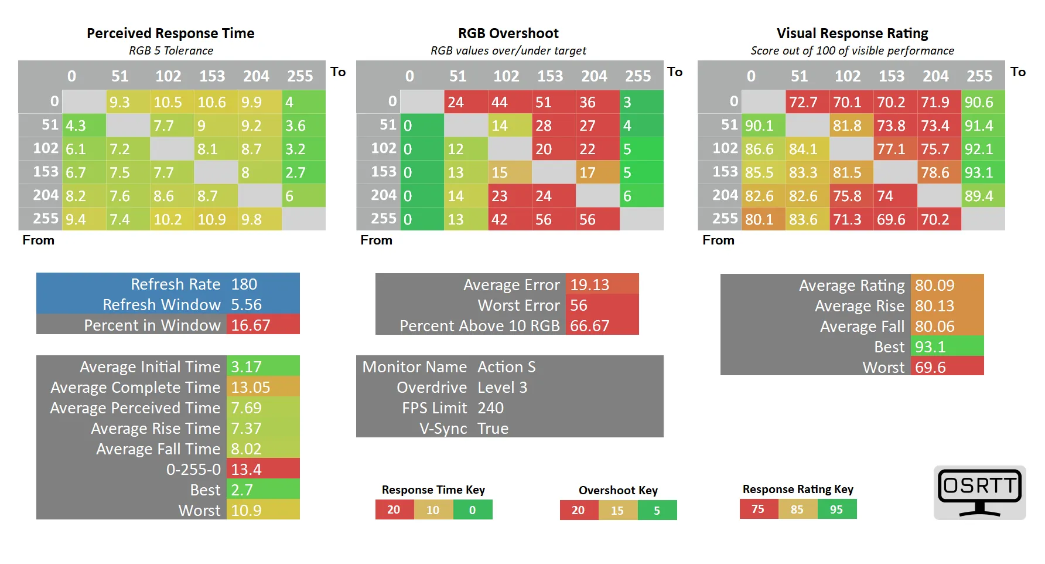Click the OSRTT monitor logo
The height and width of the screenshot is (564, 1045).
coord(979,492)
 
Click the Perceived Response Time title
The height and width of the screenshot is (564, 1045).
coord(170,33)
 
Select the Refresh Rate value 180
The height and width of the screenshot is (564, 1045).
coord(244,284)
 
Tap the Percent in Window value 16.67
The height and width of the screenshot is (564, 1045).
coord(251,325)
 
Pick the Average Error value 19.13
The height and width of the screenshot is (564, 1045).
coord(590,285)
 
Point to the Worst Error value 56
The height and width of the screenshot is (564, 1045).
coord(579,305)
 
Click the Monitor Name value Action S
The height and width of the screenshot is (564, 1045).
coord(507,367)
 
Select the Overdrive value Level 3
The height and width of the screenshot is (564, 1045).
coord(503,388)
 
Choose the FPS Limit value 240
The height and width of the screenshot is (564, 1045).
coord(491,408)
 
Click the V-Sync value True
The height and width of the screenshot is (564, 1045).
coord(493,429)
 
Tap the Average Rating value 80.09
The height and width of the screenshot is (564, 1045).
coord(935,286)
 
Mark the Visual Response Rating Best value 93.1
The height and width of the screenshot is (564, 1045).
coord(930,347)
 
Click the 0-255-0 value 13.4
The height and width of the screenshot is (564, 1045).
coord(247,470)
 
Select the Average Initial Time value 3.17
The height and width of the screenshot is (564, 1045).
coord(247,367)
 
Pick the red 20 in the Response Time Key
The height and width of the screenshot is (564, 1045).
coord(394,510)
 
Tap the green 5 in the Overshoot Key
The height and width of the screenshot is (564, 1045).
coord(657,511)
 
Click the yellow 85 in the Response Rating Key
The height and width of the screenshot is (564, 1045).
coord(797,509)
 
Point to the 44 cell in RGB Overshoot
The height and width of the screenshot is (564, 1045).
coord(500,103)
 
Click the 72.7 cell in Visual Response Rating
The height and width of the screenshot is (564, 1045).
coord(803,103)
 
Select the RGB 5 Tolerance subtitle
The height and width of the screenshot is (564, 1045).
coord(171,51)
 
